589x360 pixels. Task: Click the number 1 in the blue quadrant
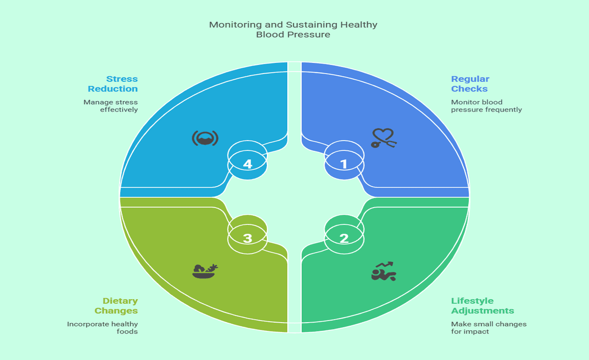tap(344, 164)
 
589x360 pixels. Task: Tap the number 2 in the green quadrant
tap(344, 238)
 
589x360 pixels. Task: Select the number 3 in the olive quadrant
tap(247, 238)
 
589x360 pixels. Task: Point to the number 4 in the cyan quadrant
tap(247, 164)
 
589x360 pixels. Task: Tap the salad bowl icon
tap(205, 271)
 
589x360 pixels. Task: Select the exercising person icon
tap(383, 272)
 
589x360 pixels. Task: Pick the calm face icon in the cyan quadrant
tap(205, 138)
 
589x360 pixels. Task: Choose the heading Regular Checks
tap(470, 84)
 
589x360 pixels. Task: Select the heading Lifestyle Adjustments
tap(482, 306)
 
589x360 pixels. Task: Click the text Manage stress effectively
tap(111, 106)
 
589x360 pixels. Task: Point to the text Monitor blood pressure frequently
tap(486, 106)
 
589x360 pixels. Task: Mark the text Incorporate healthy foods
tap(103, 328)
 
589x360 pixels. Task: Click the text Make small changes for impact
tap(488, 328)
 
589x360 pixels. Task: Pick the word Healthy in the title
tap(360, 25)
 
